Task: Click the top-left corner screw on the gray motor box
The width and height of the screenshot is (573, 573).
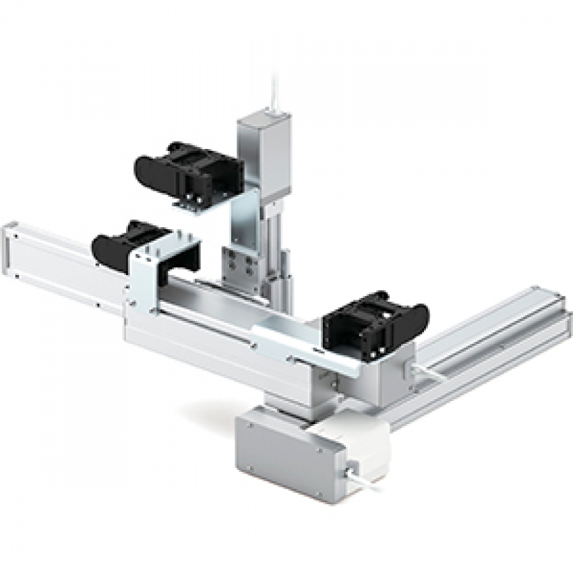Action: click(250, 427)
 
